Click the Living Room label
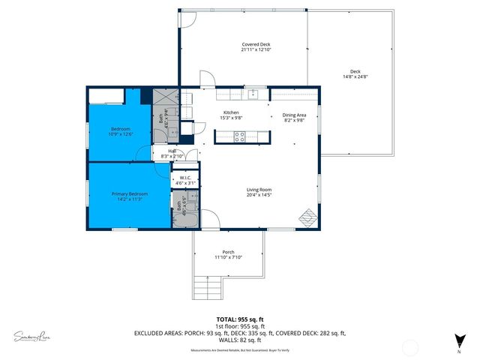[259, 190]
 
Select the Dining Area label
[294, 115]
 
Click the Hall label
[172, 151]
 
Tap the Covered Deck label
[256, 45]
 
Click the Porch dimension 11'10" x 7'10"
[229, 256]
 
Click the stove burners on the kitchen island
[241, 136]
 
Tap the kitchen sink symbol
[255, 94]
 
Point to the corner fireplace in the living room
[308, 216]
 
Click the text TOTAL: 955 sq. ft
[239, 319]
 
